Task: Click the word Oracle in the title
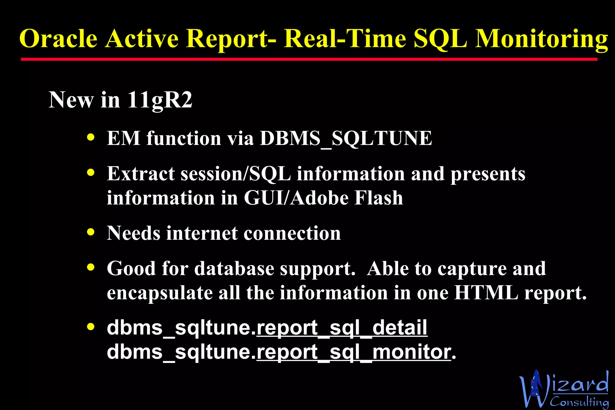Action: [x=58, y=39]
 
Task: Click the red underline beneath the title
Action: [x=309, y=59]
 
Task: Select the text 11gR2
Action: [x=159, y=100]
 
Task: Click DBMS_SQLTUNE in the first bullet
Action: [x=346, y=138]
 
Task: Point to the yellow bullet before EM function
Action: [x=91, y=137]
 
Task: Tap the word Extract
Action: [x=141, y=174]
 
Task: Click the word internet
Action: [x=202, y=233]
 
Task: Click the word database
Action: [x=234, y=268]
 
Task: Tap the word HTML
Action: [x=486, y=293]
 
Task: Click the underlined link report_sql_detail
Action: [x=342, y=328]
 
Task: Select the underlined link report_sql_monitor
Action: [x=354, y=352]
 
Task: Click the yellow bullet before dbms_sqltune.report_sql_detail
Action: [x=91, y=326]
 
